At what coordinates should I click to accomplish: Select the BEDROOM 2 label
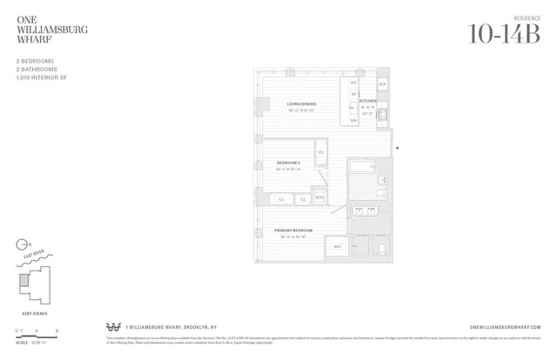pos(288,163)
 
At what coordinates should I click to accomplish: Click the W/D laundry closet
pos(319,197)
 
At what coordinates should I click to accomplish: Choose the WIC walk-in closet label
pos(337,247)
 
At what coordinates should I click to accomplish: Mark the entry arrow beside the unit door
pos(398,149)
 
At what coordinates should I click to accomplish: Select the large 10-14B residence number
pos(503,34)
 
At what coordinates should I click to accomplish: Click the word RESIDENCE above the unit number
pos(527,17)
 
